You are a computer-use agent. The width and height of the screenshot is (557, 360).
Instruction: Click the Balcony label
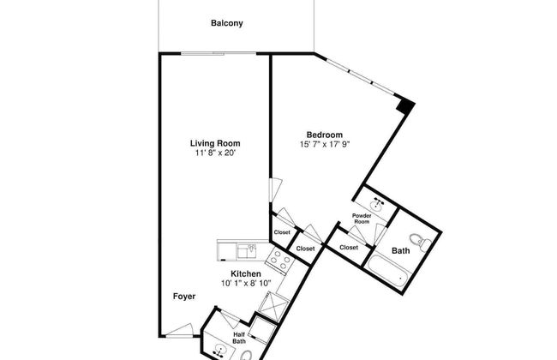pyautogui.click(x=227, y=23)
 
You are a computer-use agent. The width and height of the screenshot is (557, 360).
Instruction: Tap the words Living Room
pyautogui.click(x=215, y=143)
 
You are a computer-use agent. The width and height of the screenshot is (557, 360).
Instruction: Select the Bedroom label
pyautogui.click(x=325, y=135)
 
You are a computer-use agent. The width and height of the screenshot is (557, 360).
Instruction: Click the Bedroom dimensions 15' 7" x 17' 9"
pyautogui.click(x=325, y=144)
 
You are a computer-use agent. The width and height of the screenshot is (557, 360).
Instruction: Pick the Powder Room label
pyautogui.click(x=362, y=219)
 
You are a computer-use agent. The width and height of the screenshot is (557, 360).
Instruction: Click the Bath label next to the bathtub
pyautogui.click(x=401, y=251)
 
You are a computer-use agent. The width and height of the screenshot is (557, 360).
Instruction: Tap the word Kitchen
pyautogui.click(x=244, y=275)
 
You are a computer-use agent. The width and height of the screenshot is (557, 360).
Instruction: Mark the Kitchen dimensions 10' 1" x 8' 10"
pyautogui.click(x=244, y=285)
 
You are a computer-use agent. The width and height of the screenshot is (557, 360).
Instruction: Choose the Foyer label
pyautogui.click(x=183, y=297)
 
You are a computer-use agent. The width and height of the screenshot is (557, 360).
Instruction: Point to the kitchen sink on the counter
pyautogui.click(x=249, y=250)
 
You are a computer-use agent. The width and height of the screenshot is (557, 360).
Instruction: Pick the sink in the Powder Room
pyautogui.click(x=377, y=201)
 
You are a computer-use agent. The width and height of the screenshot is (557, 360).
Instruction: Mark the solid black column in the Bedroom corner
pyautogui.click(x=408, y=106)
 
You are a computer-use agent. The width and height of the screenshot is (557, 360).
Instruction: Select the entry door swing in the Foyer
pyautogui.click(x=181, y=330)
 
